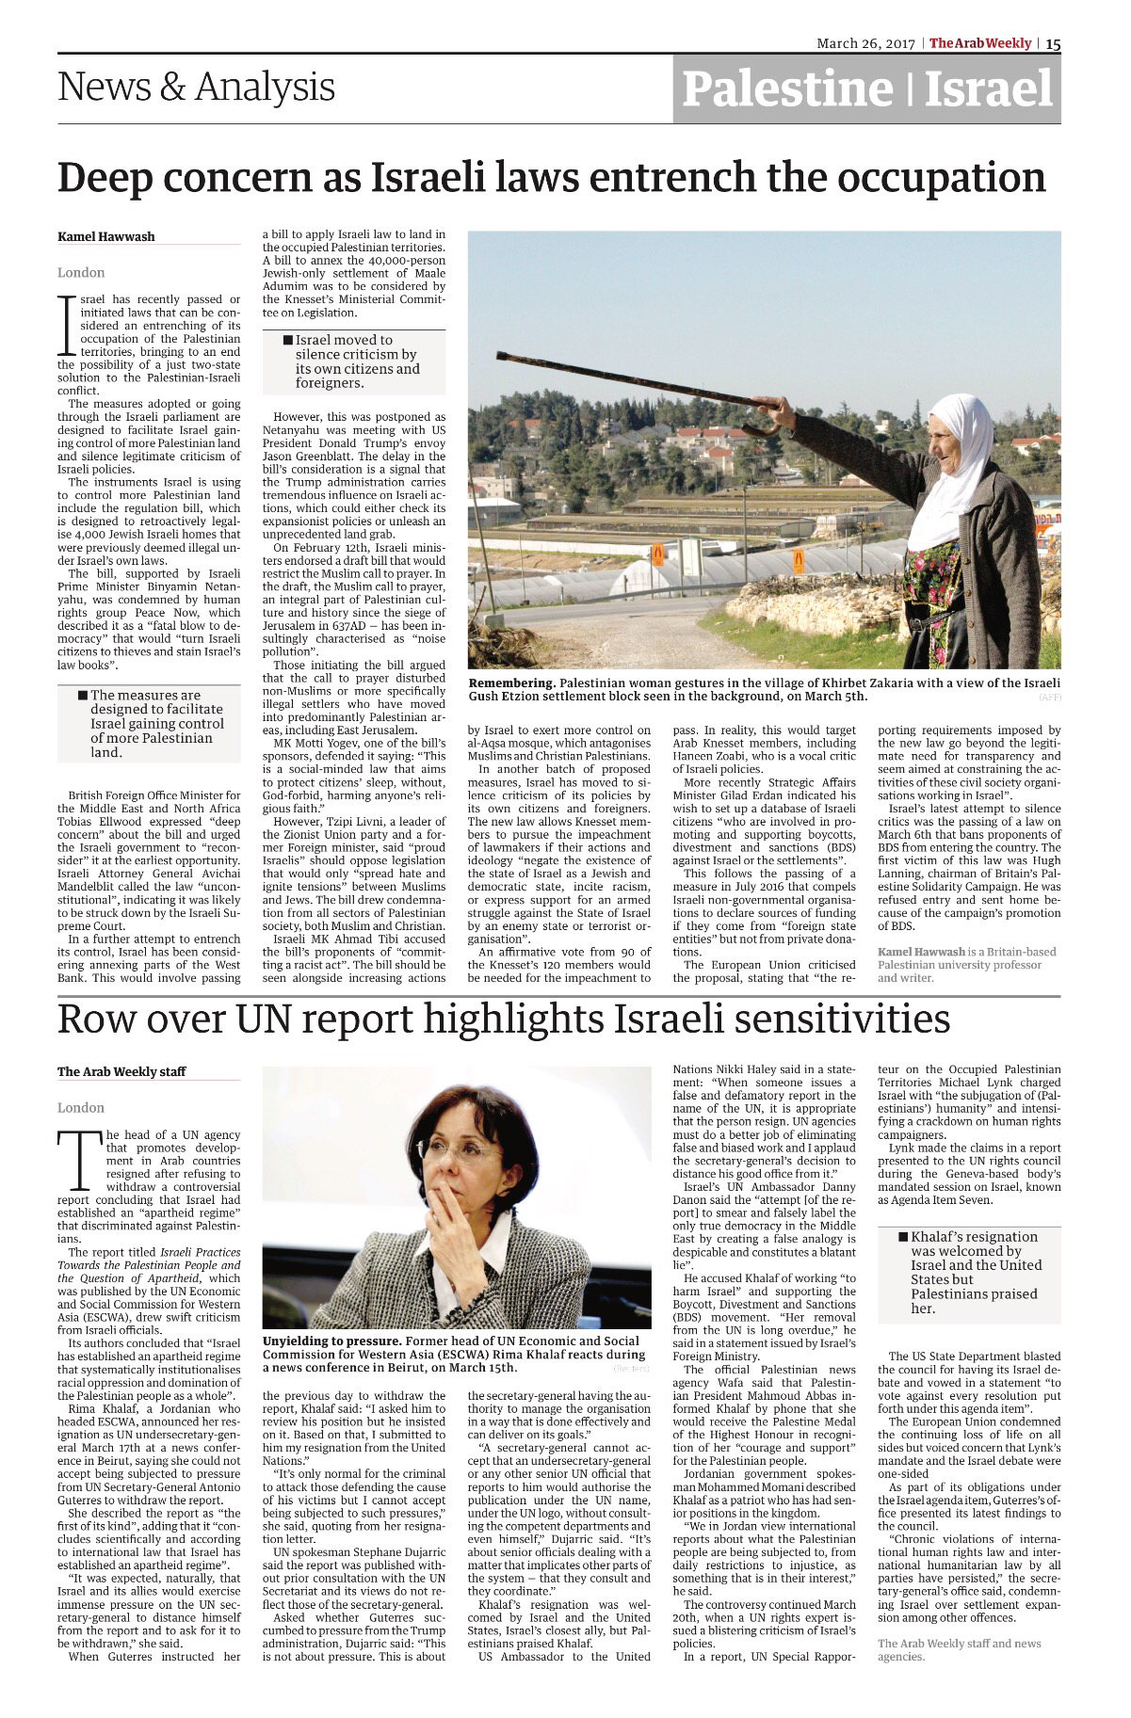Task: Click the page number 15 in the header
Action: pos(1053,43)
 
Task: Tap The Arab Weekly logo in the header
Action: pos(980,43)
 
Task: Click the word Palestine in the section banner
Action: pos(786,89)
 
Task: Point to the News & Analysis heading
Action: pos(196,88)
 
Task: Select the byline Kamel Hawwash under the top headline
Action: pos(106,236)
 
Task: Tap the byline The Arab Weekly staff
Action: pos(121,1071)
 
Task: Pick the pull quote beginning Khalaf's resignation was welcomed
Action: pos(970,1272)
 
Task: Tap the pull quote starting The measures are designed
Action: pos(151,723)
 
